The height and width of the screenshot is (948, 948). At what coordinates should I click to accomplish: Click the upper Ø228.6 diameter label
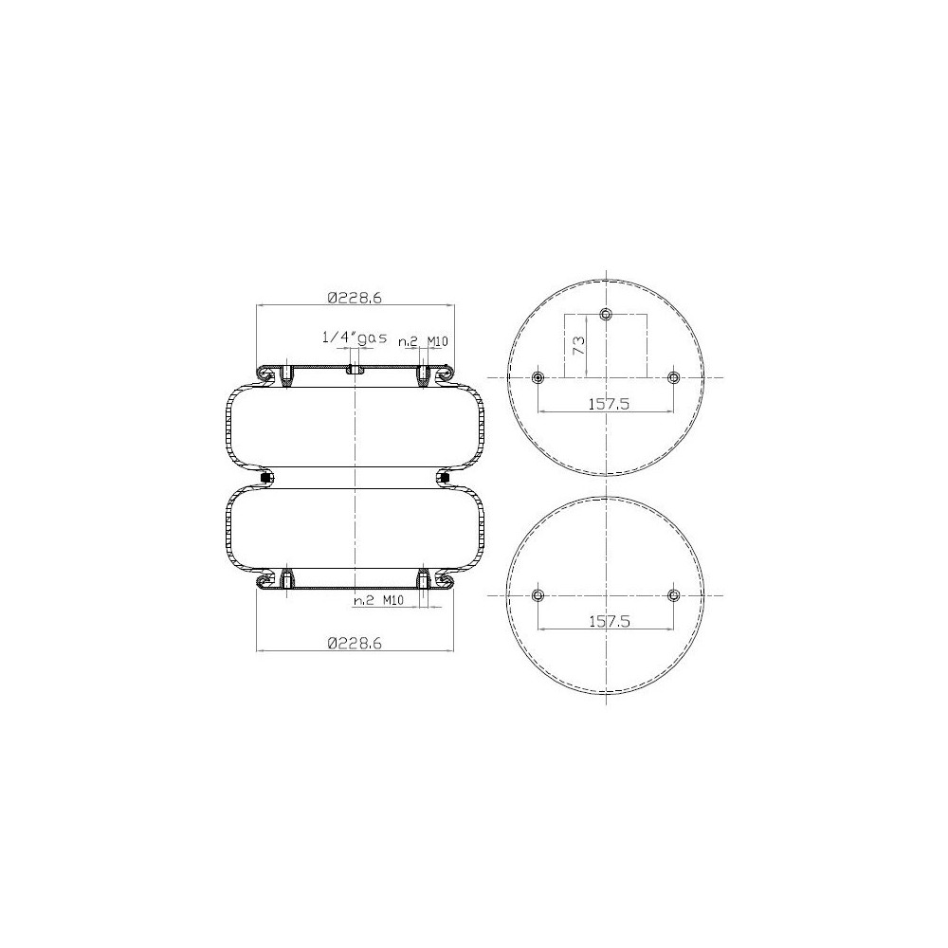[x=355, y=297]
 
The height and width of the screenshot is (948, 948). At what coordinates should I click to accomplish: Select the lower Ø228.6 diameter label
[x=355, y=642]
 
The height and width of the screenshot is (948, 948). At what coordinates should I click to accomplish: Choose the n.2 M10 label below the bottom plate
[x=379, y=601]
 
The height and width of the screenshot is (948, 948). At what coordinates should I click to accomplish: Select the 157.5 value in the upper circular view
[x=606, y=404]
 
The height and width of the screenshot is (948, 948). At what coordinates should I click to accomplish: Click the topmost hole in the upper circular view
[x=607, y=315]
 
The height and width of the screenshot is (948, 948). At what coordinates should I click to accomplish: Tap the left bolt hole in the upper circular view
[x=538, y=377]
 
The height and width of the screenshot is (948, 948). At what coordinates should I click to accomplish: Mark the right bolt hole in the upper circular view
[x=674, y=377]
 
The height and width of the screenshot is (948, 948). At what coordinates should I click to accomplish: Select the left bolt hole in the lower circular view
[x=538, y=595]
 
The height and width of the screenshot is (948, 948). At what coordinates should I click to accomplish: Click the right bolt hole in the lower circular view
[x=674, y=595]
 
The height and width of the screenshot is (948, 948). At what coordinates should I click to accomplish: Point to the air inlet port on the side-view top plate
[x=355, y=370]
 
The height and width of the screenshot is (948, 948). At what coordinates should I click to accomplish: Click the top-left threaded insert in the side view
[x=284, y=376]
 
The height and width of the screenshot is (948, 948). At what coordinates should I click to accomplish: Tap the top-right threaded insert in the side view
[x=424, y=376]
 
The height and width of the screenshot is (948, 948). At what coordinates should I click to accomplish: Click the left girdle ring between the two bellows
[x=264, y=477]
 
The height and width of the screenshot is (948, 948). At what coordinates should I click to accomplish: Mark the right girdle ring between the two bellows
[x=446, y=477]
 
